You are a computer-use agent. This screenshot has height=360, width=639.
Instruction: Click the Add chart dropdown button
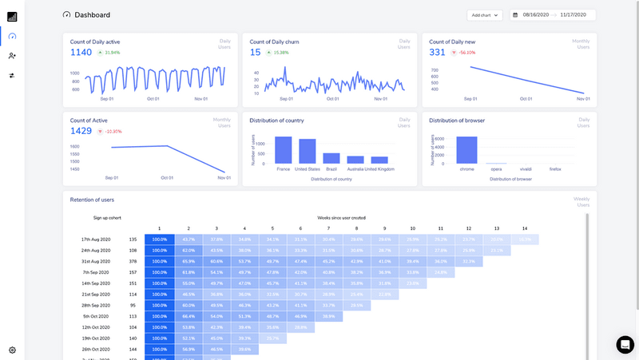click(484, 14)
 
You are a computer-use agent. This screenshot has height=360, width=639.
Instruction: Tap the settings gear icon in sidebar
click(12, 350)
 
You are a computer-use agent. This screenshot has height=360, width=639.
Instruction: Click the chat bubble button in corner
click(625, 344)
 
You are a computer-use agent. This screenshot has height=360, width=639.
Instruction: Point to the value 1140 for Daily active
click(81, 52)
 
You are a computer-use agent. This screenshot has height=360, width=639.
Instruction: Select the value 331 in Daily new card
click(437, 52)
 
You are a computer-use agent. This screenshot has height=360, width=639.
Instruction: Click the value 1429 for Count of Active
click(81, 130)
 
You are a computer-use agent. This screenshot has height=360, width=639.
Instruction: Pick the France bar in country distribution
click(283, 150)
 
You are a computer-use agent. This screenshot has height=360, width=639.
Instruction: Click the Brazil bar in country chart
click(331, 159)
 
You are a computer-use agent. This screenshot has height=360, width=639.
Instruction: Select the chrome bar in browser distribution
click(466, 150)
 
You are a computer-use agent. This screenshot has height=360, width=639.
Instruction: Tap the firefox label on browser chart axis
click(555, 169)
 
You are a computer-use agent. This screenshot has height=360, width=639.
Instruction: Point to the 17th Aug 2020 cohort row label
click(95, 239)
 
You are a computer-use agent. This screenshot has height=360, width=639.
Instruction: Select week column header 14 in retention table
click(524, 229)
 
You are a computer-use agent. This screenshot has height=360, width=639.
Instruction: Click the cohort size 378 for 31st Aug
click(133, 261)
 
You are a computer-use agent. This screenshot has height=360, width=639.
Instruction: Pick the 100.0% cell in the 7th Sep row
click(159, 272)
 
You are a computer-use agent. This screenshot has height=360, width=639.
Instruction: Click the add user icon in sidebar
click(12, 55)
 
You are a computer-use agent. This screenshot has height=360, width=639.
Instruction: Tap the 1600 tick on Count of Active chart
click(74, 147)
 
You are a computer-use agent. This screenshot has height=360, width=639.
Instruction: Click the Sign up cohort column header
click(107, 217)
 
